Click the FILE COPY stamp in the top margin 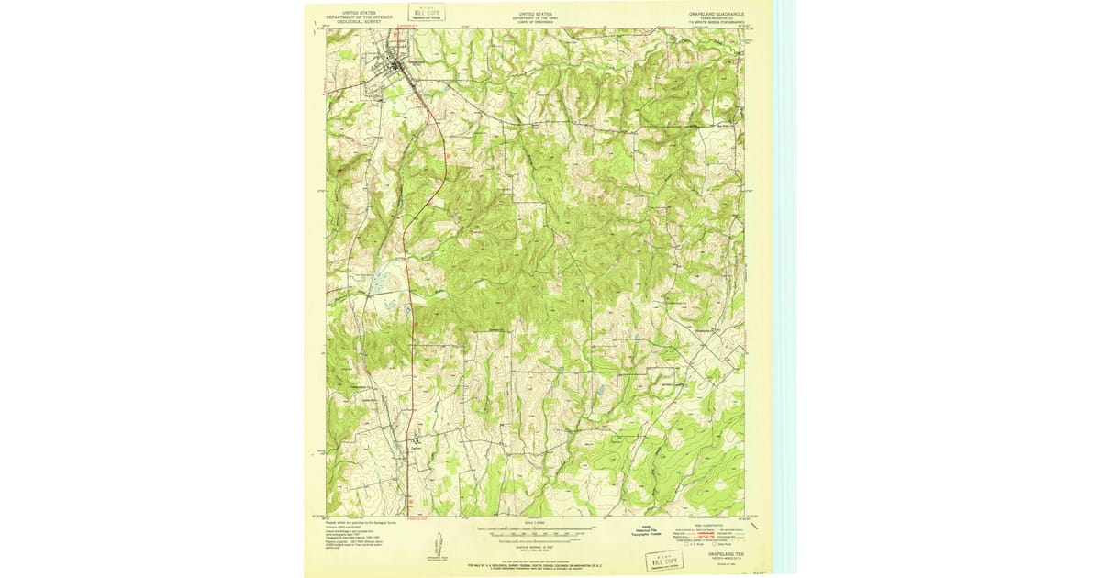pyautogui.click(x=427, y=14)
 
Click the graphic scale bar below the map pyautogui.click(x=536, y=531)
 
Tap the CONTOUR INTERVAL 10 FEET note pyautogui.click(x=536, y=538)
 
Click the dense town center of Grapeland pyautogui.click(x=396, y=66)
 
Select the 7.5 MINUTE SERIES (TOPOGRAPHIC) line pyautogui.click(x=717, y=24)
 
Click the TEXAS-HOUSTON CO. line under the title pyautogui.click(x=717, y=19)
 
